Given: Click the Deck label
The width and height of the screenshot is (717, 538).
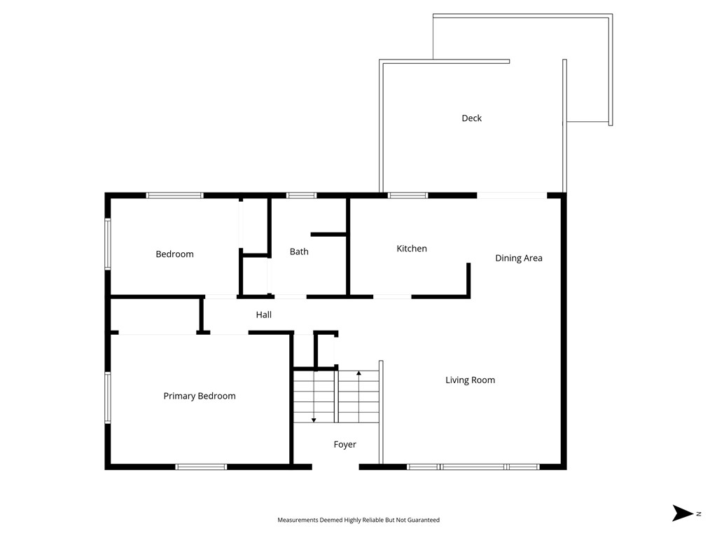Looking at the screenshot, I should pyautogui.click(x=471, y=118).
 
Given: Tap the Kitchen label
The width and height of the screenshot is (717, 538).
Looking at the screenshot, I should pyautogui.click(x=411, y=249).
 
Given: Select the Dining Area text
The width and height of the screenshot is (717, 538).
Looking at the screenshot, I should pyautogui.click(x=518, y=258).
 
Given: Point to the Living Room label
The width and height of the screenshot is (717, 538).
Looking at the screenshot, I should pyautogui.click(x=470, y=380).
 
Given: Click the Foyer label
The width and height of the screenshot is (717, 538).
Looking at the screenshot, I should pyautogui.click(x=344, y=445).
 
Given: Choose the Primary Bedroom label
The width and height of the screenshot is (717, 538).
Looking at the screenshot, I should pyautogui.click(x=200, y=396).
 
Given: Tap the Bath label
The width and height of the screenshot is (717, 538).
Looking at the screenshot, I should pyautogui.click(x=299, y=251).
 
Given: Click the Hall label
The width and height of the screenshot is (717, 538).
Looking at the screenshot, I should pyautogui.click(x=263, y=315).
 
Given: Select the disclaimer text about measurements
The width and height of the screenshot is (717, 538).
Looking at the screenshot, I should pyautogui.click(x=358, y=520).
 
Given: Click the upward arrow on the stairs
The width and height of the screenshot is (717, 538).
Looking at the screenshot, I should pyautogui.click(x=358, y=374).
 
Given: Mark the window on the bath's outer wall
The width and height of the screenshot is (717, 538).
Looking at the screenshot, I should pyautogui.click(x=301, y=195).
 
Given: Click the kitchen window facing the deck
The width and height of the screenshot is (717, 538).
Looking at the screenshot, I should pyautogui.click(x=408, y=195).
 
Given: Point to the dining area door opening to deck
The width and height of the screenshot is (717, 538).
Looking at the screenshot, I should pyautogui.click(x=512, y=195).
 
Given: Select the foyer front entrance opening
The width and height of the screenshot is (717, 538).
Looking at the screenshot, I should pyautogui.click(x=335, y=466).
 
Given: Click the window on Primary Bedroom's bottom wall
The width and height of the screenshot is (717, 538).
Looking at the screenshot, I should pyautogui.click(x=201, y=467).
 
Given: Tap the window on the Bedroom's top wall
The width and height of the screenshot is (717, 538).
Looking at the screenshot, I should pyautogui.click(x=174, y=195).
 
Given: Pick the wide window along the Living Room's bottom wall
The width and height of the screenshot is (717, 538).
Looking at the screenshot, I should pyautogui.click(x=473, y=467).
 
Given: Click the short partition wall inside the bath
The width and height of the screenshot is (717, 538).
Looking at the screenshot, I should pyautogui.click(x=328, y=234).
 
